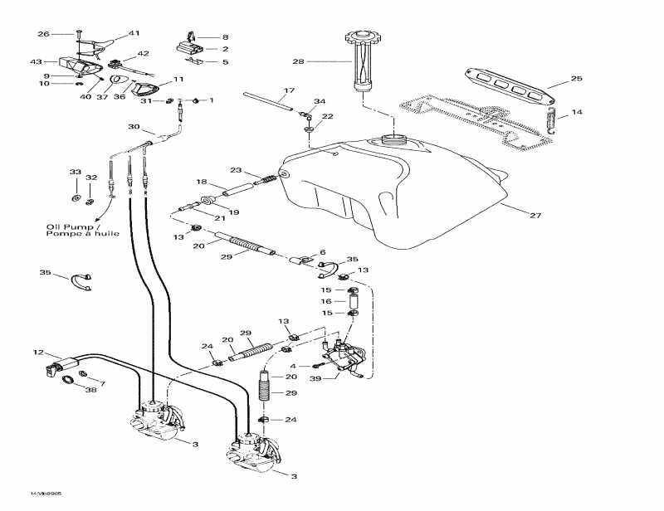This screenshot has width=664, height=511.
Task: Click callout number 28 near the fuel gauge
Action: (298, 61)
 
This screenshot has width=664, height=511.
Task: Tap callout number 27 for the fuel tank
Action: (535, 216)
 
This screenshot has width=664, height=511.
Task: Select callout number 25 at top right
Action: (576, 79)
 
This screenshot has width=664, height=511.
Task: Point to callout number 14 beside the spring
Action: (577, 111)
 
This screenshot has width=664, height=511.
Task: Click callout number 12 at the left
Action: (37, 353)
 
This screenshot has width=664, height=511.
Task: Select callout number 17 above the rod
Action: (289, 90)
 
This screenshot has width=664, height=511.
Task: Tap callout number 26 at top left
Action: (43, 34)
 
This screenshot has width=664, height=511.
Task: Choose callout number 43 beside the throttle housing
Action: (36, 61)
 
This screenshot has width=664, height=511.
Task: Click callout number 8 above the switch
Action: (224, 37)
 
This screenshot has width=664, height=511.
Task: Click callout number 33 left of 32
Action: (76, 173)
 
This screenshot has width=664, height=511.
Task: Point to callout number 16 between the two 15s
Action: (327, 301)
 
